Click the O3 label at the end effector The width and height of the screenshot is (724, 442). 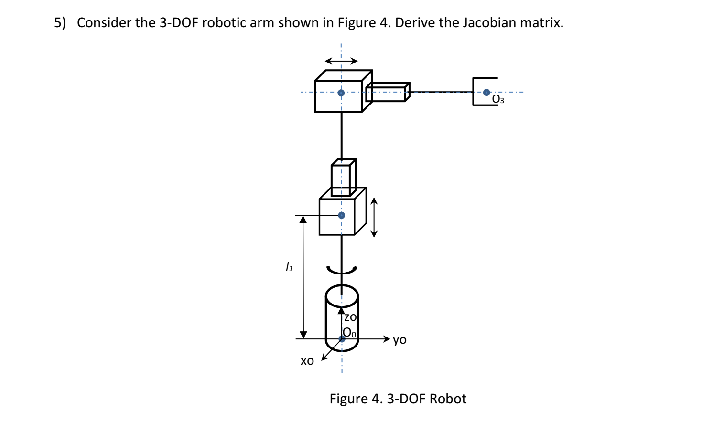[x=498, y=99]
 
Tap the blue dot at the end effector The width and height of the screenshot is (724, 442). [x=486, y=92]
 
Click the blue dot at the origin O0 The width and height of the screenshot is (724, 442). [x=342, y=339]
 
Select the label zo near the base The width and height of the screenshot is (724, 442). [x=350, y=317]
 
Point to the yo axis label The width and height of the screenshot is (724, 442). [x=400, y=339]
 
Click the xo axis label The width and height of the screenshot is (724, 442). [x=307, y=361]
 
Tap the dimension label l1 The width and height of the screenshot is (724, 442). [x=289, y=267]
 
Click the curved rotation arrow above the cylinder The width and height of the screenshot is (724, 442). [x=341, y=271]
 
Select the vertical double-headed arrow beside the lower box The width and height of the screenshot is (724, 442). [x=374, y=218]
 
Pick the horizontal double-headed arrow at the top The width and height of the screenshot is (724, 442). [x=341, y=61]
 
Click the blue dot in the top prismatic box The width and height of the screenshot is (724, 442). [x=341, y=93]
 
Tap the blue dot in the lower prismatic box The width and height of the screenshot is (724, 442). [x=341, y=215]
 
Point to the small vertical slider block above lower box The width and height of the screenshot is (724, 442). [x=343, y=178]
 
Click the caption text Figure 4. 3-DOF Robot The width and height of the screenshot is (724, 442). [x=398, y=399]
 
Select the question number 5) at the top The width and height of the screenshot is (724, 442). [x=59, y=22]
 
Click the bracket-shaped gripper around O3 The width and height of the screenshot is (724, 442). [x=474, y=92]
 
